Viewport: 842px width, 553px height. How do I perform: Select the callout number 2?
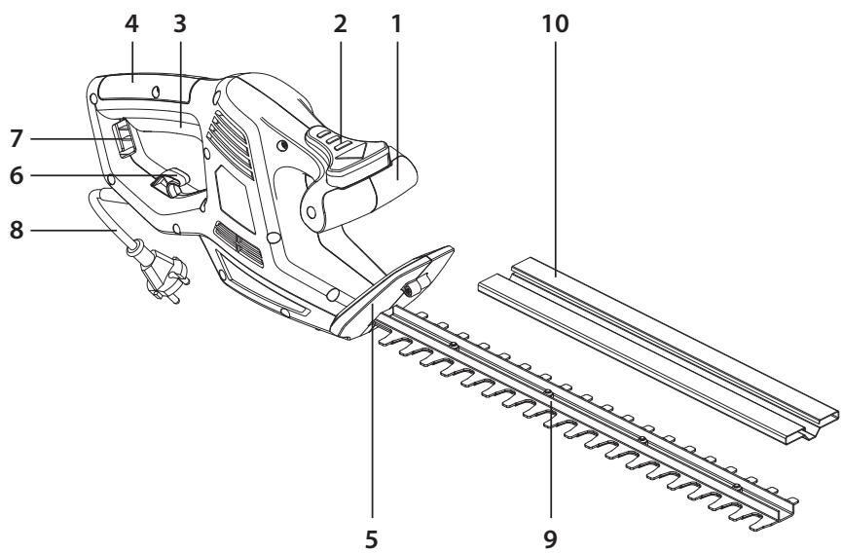[340, 24]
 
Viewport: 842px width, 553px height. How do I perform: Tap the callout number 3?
[180, 24]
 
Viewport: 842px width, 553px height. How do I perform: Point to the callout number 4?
[133, 24]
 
